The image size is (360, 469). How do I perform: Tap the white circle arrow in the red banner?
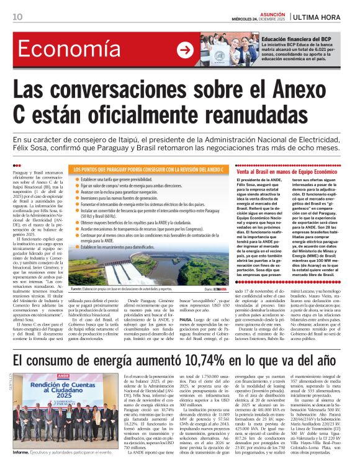185,51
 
